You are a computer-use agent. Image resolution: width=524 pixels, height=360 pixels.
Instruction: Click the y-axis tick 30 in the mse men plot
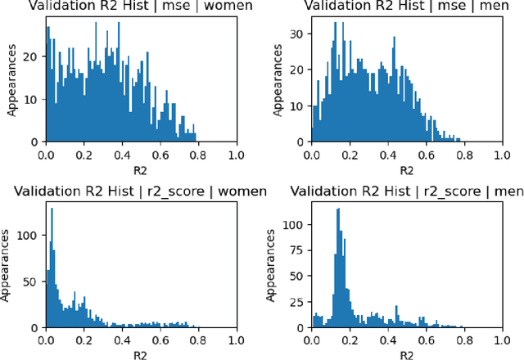pos(298,35)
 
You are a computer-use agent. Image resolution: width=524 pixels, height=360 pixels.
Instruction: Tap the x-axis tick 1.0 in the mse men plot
pos(503,155)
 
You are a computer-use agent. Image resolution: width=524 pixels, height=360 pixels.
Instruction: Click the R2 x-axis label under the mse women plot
pos(140,170)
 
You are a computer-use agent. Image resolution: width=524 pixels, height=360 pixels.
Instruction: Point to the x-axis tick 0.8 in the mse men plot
pos(464,155)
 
